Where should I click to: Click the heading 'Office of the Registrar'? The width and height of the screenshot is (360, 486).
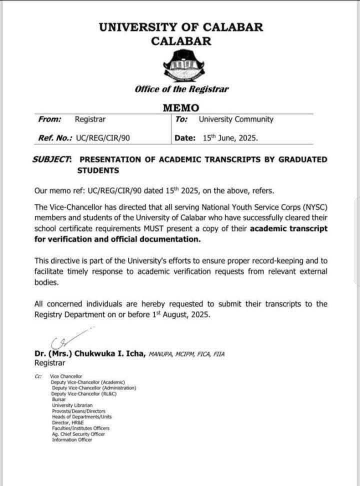181,89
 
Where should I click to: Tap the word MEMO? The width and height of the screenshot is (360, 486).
181,107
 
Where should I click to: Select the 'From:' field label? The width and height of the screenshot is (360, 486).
50,119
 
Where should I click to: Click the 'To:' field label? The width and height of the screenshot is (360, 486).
182,119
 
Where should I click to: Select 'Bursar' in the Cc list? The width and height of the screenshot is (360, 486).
58,399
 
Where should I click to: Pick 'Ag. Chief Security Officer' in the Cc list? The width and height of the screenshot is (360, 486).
78,434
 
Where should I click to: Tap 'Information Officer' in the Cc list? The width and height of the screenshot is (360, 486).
72,439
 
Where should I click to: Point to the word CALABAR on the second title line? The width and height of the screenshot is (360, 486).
181,41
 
